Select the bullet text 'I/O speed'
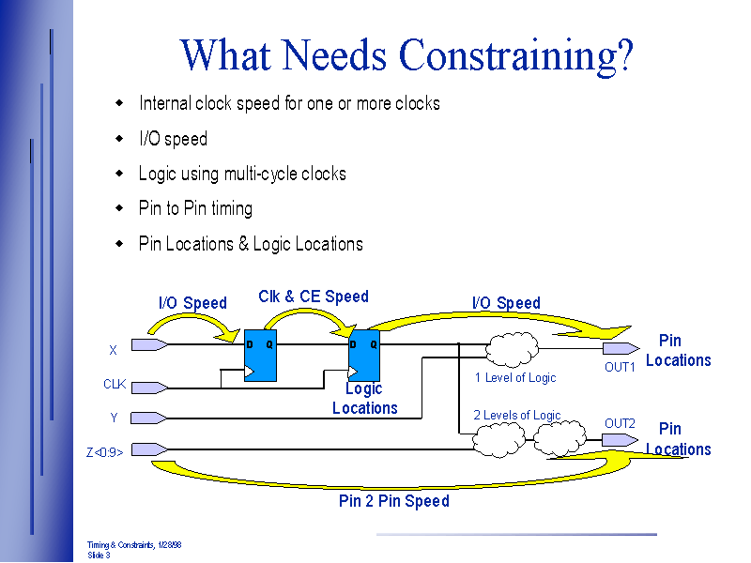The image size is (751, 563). [x=173, y=139]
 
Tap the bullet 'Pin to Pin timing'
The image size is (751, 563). [x=195, y=208]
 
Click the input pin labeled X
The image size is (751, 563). [x=149, y=344]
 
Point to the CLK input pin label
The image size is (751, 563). [x=115, y=384]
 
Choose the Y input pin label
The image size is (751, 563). [x=114, y=418]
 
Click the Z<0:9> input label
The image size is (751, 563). [x=105, y=451]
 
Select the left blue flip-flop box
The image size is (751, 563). [x=260, y=355]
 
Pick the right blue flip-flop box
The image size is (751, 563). [x=363, y=355]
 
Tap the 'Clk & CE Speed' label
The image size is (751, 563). [x=314, y=297]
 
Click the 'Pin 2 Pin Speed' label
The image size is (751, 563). [x=394, y=501]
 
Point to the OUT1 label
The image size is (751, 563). [x=620, y=367]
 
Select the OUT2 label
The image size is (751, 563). [x=620, y=423]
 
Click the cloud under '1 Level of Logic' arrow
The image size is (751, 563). [x=511, y=350]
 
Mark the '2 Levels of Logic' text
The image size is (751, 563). [x=517, y=415]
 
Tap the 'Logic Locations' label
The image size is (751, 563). [x=365, y=399]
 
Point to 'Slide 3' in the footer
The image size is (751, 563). [x=99, y=555]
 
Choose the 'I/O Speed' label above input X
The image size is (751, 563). [x=192, y=303]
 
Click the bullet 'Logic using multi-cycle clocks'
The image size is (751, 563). [x=242, y=174]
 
